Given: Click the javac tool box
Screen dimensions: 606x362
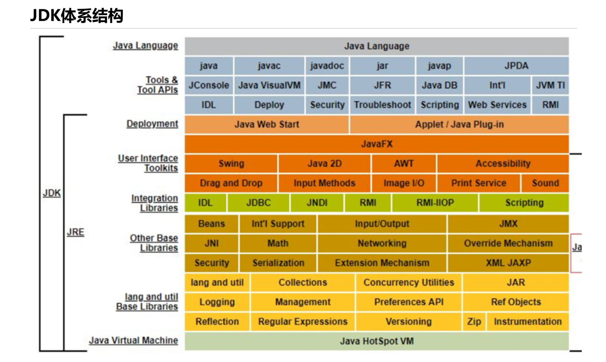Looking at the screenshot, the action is (x=269, y=66).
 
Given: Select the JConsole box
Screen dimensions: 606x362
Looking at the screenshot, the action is (x=209, y=85).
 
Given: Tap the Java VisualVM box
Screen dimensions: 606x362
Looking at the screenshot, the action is (x=269, y=85).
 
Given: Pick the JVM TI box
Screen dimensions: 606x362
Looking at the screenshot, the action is (x=550, y=85).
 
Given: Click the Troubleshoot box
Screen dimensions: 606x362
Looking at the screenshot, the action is (x=382, y=105).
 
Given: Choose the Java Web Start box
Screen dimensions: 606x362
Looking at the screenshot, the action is (x=267, y=125).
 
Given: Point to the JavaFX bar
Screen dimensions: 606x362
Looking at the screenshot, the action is (x=377, y=144).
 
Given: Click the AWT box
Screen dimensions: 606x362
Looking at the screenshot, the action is (x=404, y=164).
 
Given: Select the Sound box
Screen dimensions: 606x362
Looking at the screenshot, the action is (x=545, y=183).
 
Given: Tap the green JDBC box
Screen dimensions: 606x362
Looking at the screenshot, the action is (x=258, y=203).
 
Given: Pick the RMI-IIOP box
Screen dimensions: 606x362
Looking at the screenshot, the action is (x=435, y=203).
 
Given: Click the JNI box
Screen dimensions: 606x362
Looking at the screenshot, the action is (x=211, y=243).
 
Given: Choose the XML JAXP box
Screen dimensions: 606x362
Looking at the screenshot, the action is (x=508, y=263).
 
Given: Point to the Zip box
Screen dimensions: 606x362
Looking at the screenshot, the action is (x=474, y=322).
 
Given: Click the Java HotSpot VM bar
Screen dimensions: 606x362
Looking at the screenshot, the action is (x=377, y=341).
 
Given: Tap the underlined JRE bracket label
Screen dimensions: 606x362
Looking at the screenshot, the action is (x=76, y=232).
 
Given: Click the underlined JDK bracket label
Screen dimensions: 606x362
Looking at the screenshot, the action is (x=52, y=193).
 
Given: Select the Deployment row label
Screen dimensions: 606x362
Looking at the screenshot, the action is (x=152, y=124).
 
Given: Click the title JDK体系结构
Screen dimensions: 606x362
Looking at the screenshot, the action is (x=77, y=15).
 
